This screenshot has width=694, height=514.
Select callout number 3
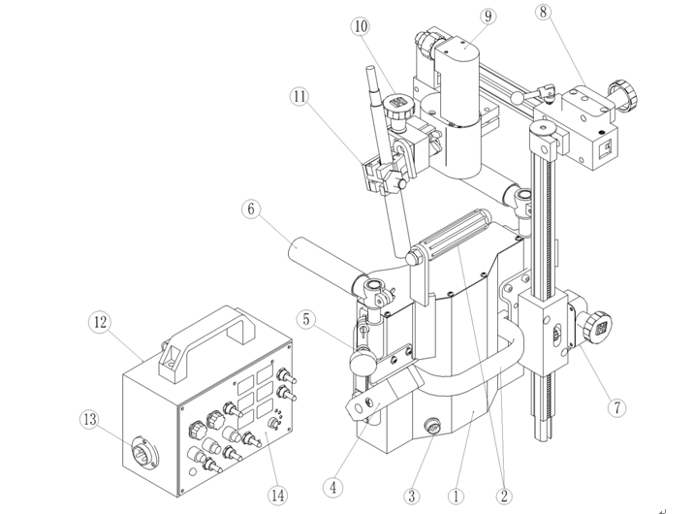pos(412,495)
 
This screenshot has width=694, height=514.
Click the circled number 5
pos(306,319)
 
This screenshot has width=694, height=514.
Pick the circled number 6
pos(252,209)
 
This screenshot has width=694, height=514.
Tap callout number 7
pos(616,408)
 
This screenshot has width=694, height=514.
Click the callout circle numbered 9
pos(487,17)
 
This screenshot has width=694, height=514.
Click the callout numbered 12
pos(99,321)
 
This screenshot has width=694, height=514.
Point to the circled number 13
pos(89,418)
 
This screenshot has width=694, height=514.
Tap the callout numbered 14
pos(278,495)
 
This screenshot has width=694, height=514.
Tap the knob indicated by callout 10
pos(397,106)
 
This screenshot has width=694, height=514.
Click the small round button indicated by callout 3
pos(431,426)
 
